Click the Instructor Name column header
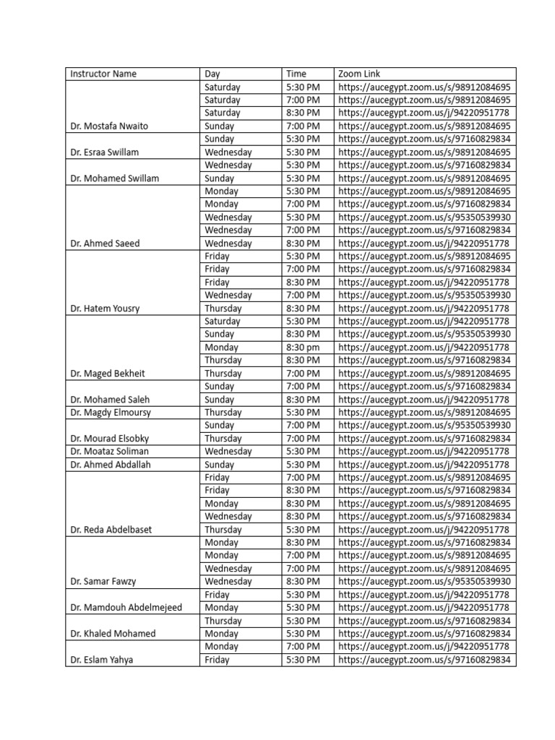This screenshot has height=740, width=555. [103, 74]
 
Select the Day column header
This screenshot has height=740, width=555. [212, 74]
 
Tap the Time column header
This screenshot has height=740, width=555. [296, 74]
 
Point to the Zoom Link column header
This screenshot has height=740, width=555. [359, 74]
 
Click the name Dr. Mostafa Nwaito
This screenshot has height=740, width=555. [109, 126]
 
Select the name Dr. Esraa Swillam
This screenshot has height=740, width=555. [104, 152]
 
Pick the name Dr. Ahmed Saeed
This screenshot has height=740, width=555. [105, 244]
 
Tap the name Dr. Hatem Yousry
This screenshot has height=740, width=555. [105, 309]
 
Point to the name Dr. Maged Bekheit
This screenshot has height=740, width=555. [108, 374]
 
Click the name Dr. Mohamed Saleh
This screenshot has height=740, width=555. [110, 400]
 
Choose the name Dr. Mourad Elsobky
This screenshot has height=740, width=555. [110, 439]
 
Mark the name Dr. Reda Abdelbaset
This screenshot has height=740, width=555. [111, 530]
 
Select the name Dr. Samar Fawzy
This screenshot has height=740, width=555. [103, 582]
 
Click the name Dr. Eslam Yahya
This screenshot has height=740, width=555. [101, 660]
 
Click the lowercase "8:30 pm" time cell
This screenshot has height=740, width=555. [303, 348]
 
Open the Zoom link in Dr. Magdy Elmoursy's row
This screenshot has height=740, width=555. [424, 413]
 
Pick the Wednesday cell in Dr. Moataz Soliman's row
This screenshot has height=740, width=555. [228, 452]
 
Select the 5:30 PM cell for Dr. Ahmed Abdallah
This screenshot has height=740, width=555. [303, 465]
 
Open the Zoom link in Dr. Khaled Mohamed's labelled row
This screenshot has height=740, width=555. [424, 634]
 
